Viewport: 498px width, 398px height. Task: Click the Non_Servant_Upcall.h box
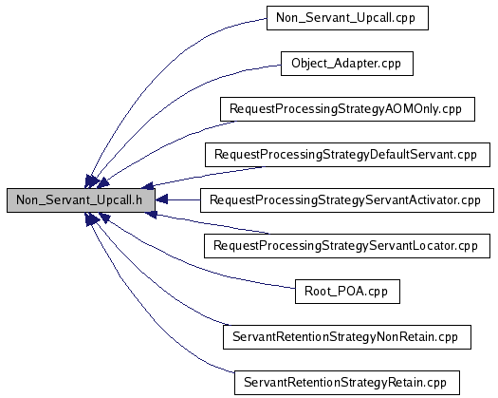coord(81,200)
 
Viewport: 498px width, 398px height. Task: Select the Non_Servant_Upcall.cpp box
coord(347,18)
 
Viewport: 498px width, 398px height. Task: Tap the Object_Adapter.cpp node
coord(347,64)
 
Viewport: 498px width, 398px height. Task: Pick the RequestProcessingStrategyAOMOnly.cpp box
coord(347,109)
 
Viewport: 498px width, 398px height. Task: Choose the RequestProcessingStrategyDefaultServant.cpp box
coord(347,155)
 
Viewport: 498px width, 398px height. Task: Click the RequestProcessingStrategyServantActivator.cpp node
coord(347,200)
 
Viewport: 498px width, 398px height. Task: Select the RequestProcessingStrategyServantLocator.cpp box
coord(347,246)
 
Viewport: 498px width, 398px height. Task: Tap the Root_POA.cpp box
coord(347,292)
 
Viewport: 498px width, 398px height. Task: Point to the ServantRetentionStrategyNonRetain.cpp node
coord(347,337)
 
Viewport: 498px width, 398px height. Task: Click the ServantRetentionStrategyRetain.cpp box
coord(347,383)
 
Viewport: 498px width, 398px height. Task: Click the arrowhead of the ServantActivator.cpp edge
coord(161,200)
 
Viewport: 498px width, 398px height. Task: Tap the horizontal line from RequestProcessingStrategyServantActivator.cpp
coord(184,200)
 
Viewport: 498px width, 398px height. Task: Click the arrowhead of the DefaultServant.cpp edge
coord(147,185)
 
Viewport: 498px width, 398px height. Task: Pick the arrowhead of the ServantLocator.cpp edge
coord(151,215)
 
